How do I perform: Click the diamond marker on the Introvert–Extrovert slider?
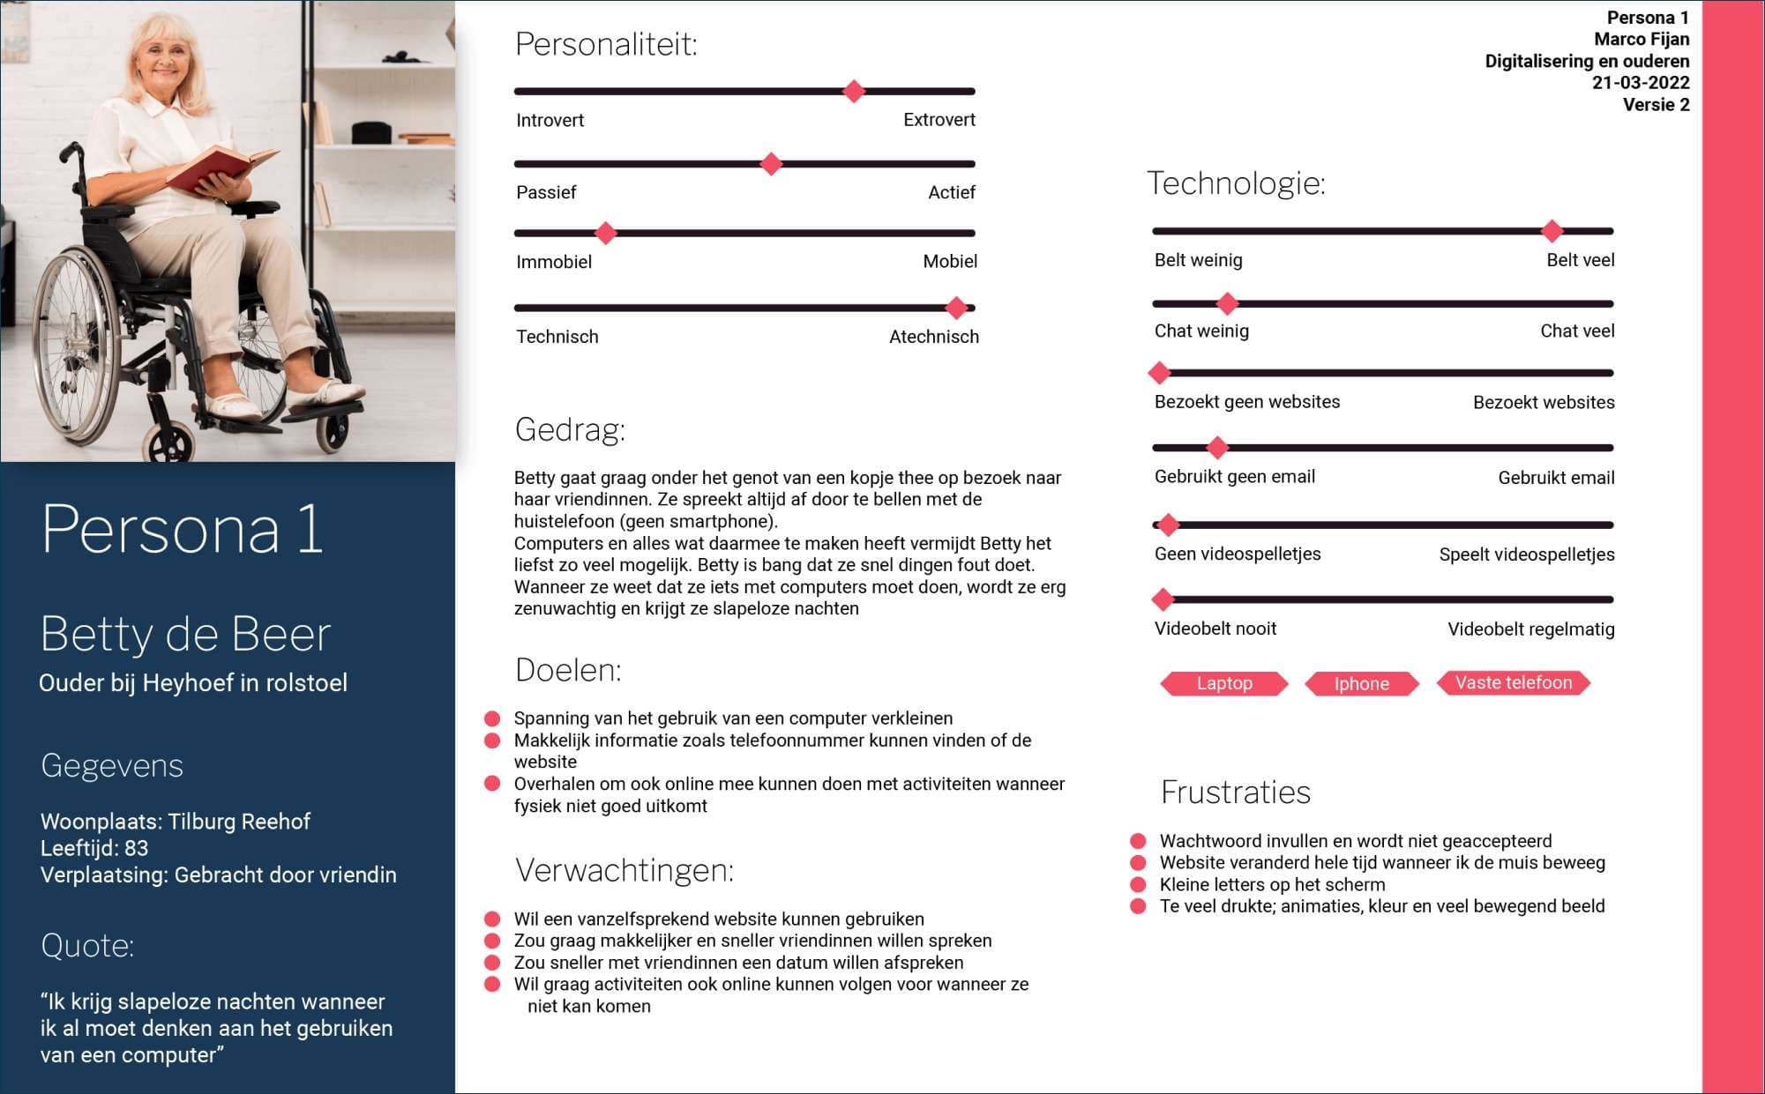(x=853, y=91)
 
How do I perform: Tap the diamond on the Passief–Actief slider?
(x=771, y=164)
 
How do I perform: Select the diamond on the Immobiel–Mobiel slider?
(x=605, y=234)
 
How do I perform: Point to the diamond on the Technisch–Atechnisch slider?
(x=956, y=308)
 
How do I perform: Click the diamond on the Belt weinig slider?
(x=1552, y=231)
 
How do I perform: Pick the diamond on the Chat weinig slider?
(x=1227, y=303)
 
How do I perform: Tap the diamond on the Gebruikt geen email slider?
(x=1217, y=448)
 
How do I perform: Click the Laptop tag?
(x=1223, y=683)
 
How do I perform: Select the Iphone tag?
(x=1361, y=683)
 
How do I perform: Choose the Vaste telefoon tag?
(x=1513, y=682)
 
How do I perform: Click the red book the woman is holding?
(x=221, y=167)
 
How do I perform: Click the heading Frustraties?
(x=1235, y=792)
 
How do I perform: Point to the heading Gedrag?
(x=570, y=429)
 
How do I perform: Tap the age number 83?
(x=136, y=848)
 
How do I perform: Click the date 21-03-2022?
(x=1640, y=83)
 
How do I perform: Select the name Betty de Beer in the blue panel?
(x=185, y=634)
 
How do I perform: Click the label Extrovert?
(x=939, y=120)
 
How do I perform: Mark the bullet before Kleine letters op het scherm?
(x=1139, y=884)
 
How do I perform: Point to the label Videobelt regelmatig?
(x=1530, y=629)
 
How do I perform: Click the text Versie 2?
(x=1656, y=105)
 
